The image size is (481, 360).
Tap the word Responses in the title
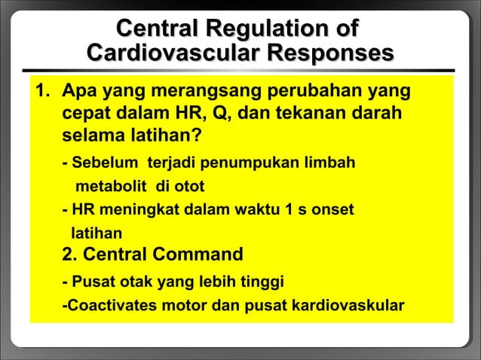[331, 54]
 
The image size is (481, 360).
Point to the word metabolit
[108, 186]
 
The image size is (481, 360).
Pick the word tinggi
[263, 283]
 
